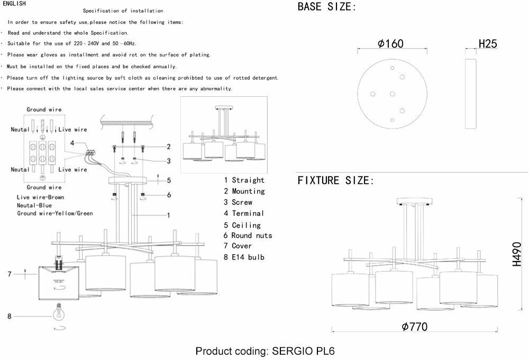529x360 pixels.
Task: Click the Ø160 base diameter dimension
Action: coord(391,44)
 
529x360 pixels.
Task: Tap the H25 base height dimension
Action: coord(488,44)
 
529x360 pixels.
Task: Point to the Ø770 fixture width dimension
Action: coord(414,327)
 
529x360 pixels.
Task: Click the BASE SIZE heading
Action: coord(327,7)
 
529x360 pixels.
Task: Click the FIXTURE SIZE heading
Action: coord(336,181)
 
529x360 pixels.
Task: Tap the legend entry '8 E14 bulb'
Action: coord(244,257)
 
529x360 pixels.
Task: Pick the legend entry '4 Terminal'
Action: coord(244,213)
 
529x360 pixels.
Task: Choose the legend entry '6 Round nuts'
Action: coord(248,235)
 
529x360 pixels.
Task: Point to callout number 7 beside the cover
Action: coord(9,274)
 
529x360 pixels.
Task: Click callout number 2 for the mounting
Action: coord(168,147)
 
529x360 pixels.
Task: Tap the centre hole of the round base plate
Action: coord(392,94)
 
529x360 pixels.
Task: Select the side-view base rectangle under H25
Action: coord(471,94)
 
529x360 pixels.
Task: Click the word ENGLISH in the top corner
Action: coord(14,3)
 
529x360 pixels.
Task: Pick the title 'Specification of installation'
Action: coord(123,11)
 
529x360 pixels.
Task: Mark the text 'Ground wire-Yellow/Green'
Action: coord(54,213)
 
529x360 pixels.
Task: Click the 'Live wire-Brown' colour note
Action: coord(40,197)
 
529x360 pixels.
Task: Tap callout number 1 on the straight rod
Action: coord(168,215)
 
